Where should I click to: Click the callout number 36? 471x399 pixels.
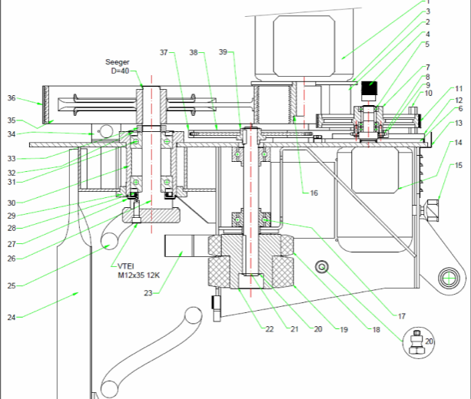click(x=12, y=98)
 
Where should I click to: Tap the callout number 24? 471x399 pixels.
click(x=12, y=316)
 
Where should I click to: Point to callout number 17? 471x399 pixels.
click(x=401, y=315)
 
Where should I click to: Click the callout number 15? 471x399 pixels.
click(x=458, y=165)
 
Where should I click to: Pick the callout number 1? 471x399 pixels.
click(x=428, y=2)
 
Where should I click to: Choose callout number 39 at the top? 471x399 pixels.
click(x=223, y=52)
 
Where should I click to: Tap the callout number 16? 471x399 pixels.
click(x=313, y=193)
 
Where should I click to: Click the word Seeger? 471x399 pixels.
click(x=118, y=62)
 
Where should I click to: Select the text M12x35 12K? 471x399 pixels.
click(x=138, y=275)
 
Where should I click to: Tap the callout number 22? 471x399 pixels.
click(x=270, y=329)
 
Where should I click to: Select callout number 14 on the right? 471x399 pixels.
click(x=458, y=143)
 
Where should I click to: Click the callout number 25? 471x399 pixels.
click(x=12, y=285)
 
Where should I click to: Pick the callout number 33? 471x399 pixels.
click(x=12, y=159)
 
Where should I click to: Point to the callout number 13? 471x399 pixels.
click(x=458, y=123)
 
